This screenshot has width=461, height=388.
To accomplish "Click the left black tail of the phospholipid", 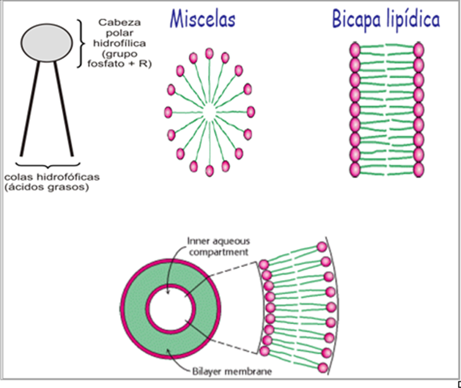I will point(30,108).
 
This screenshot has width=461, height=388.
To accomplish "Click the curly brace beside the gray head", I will point(82,42).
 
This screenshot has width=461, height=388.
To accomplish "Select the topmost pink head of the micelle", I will point(209,54).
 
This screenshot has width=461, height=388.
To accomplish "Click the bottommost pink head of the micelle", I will point(209,170).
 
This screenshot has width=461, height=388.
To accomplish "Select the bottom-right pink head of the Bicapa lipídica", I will point(418,169).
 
